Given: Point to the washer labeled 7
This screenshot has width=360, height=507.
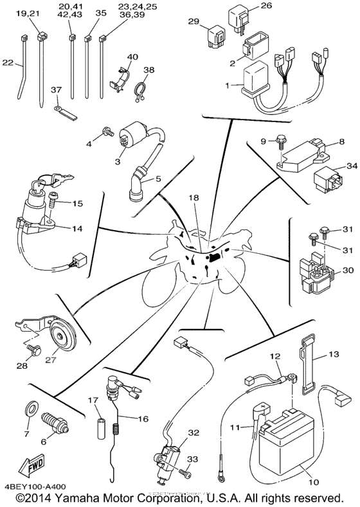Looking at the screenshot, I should [x=31, y=409].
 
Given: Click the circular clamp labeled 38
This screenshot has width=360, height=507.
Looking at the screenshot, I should [x=141, y=91].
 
